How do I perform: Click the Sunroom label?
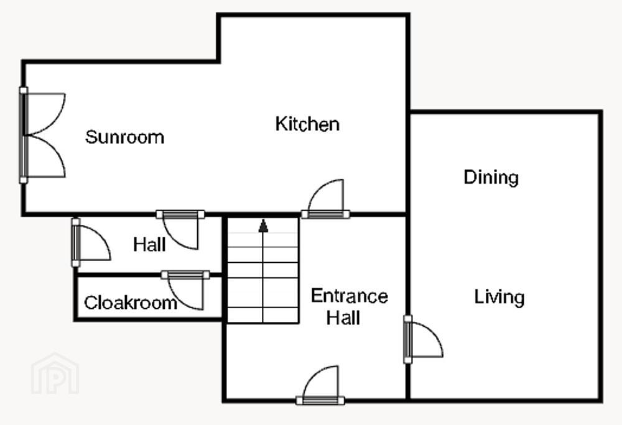124,137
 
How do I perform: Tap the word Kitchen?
307,124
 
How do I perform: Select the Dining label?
491,178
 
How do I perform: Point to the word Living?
499,297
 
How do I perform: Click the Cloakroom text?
131,303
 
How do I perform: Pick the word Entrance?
350,296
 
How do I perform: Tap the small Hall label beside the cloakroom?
149,244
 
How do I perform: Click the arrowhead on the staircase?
263,226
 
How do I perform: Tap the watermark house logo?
55,373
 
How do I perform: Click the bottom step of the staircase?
263,315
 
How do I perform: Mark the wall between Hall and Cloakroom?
149,275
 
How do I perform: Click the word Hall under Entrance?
343,318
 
